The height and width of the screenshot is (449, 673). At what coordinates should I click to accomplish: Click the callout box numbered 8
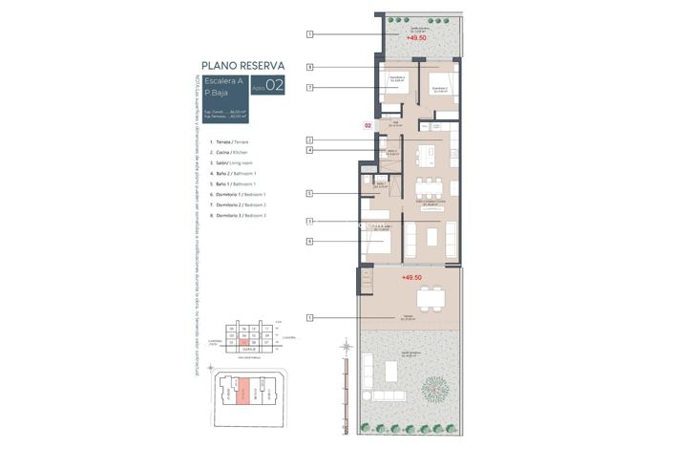pos(310,67)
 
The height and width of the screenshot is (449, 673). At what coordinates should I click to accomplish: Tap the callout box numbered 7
pos(310,87)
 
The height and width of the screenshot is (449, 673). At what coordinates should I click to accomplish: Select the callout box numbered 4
pos(310,150)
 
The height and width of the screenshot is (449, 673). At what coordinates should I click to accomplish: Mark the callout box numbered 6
pos(310,242)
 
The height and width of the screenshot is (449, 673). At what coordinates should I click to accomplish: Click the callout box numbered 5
pos(310,193)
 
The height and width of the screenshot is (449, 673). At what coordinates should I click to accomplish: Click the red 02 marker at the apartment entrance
pos(368,125)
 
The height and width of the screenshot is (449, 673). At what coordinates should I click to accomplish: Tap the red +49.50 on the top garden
pos(415,38)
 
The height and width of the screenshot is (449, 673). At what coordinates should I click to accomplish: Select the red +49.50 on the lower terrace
pos(411,277)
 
